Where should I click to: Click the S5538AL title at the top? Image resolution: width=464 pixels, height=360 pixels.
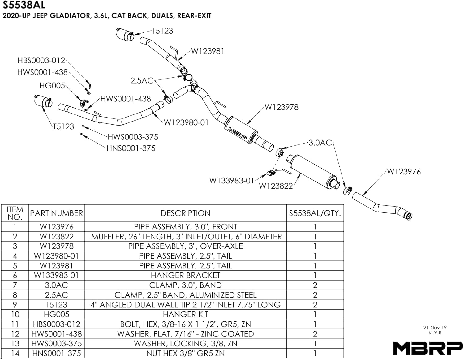(24, 5)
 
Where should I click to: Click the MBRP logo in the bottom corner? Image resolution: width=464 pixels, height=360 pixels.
(428, 348)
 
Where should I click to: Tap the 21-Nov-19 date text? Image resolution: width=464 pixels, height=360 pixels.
(435, 328)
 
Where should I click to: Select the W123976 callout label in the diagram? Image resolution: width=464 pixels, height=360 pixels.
(404, 172)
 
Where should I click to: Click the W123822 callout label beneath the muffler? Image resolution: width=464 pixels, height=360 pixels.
(276, 186)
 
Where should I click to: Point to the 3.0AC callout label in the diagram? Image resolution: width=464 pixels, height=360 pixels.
(320, 143)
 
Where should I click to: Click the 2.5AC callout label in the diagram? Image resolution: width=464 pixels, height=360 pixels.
(142, 81)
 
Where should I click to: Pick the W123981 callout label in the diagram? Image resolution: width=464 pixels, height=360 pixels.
(208, 51)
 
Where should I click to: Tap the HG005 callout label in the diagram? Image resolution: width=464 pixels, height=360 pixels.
(52, 86)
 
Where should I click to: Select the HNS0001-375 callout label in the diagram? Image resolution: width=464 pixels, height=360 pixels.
(131, 148)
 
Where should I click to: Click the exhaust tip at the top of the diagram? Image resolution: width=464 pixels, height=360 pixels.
(125, 34)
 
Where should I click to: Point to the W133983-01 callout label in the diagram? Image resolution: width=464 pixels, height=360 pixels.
(232, 181)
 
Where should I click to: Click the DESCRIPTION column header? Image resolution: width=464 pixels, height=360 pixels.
(185, 213)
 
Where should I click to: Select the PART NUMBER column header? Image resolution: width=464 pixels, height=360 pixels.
(56, 213)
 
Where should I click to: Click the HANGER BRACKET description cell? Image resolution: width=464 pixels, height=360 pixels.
(185, 276)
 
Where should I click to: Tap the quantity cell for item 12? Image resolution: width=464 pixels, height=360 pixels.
(315, 334)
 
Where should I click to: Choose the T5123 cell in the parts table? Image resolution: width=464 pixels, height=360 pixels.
(56, 305)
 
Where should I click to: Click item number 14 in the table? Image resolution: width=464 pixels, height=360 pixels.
(15, 354)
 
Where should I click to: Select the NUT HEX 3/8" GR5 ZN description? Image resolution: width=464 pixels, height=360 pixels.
(185, 354)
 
